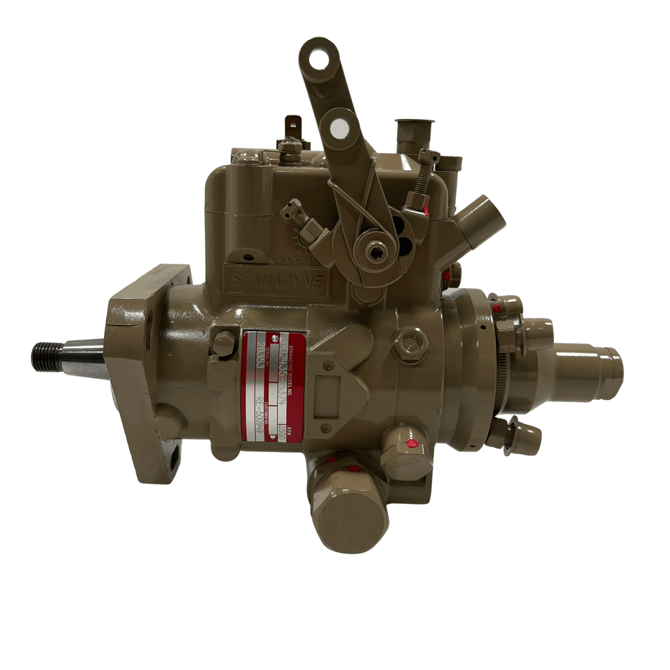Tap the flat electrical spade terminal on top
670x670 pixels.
coord(293,126)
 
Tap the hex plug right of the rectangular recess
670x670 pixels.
coord(411,342)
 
